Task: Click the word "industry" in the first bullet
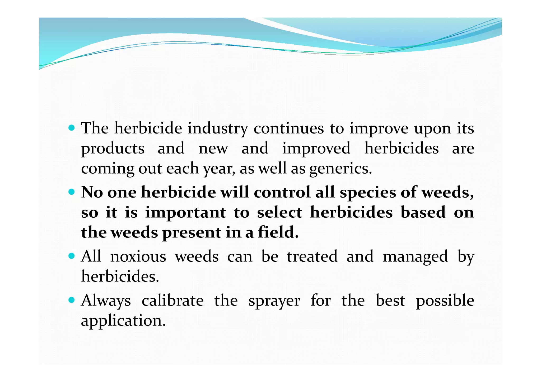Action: click(x=218, y=129)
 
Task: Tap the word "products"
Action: click(x=113, y=149)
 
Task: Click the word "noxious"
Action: click(x=138, y=256)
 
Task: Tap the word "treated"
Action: click(x=312, y=256)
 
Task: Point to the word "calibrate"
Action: click(x=172, y=300)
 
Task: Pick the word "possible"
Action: click(x=445, y=301)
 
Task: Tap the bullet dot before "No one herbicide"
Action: click(x=72, y=192)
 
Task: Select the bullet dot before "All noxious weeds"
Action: click(x=72, y=256)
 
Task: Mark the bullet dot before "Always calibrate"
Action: click(x=72, y=300)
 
